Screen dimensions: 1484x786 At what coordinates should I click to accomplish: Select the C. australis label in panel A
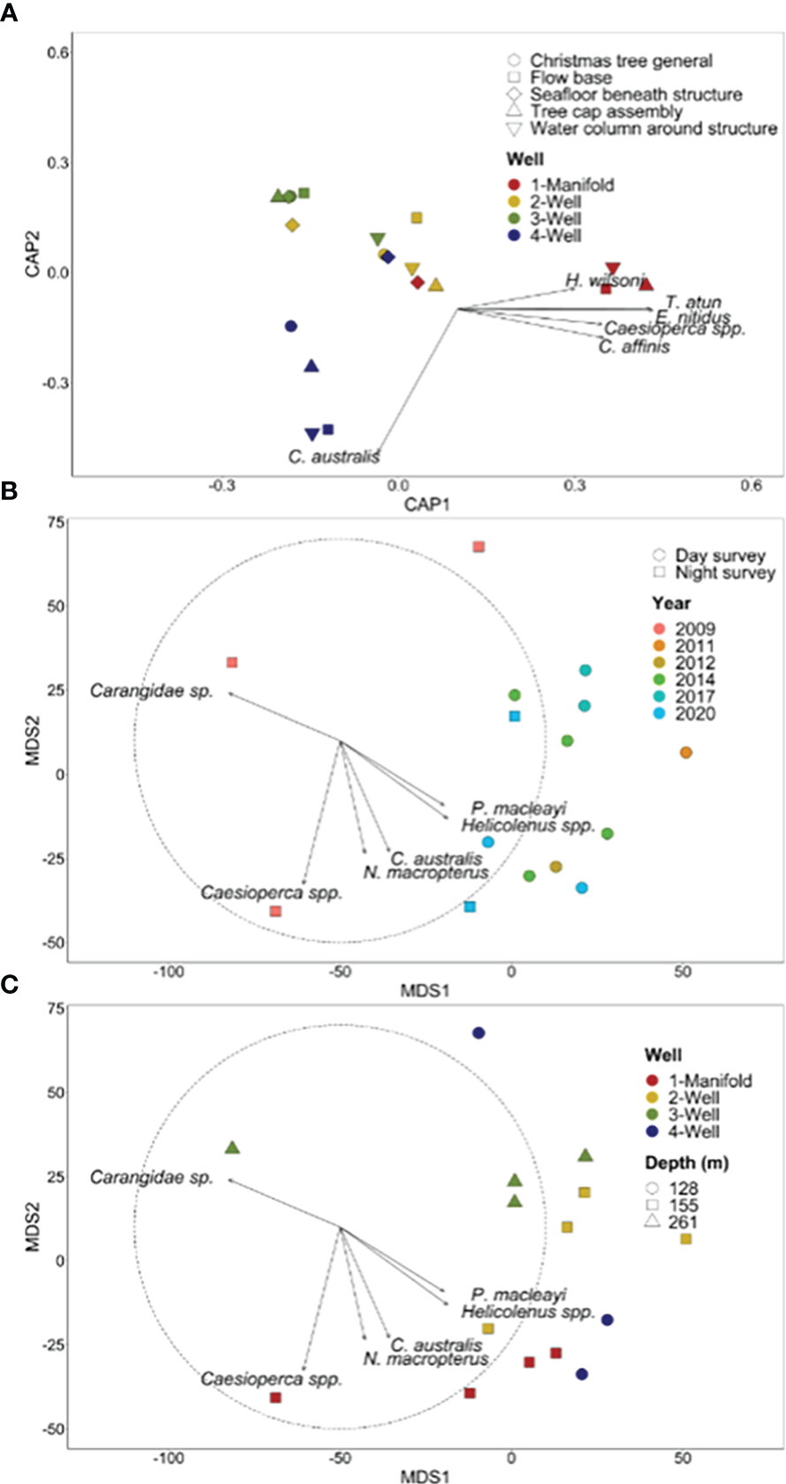(x=334, y=457)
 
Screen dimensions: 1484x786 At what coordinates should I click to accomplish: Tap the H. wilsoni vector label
(x=605, y=281)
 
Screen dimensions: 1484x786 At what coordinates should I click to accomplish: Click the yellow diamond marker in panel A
(x=292, y=225)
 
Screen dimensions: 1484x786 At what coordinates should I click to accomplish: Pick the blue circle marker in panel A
(x=291, y=327)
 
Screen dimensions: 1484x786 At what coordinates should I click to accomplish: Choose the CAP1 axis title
(x=427, y=504)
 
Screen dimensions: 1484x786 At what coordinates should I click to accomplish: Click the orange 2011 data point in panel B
(x=686, y=753)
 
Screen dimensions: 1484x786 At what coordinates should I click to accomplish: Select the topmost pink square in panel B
(x=479, y=547)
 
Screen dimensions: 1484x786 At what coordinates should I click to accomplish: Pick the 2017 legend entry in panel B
(x=695, y=697)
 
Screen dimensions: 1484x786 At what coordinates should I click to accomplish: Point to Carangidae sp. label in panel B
(x=152, y=691)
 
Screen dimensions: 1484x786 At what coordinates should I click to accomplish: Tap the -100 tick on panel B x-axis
(x=168, y=972)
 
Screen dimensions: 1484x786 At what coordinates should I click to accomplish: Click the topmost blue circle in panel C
(x=479, y=1033)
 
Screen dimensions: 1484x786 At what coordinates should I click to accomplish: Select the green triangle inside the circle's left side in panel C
(x=232, y=1147)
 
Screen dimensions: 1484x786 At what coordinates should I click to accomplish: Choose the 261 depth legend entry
(x=683, y=1223)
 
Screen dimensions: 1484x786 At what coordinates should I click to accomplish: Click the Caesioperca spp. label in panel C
(x=271, y=1379)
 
